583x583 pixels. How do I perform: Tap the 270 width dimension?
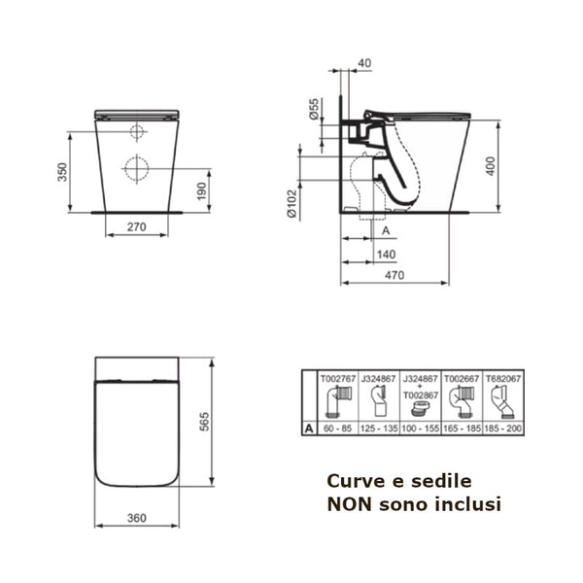pos(136,228)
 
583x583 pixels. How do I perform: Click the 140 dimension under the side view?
pos(385,254)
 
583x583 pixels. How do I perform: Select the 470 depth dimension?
pos(394,276)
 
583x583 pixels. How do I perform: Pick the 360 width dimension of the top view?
pos(136,517)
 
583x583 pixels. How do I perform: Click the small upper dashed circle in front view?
pos(137,132)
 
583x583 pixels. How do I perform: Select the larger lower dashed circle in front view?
pos(136,168)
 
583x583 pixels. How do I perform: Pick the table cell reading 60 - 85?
pos(336,428)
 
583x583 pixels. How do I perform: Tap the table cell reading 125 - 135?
pos(379,428)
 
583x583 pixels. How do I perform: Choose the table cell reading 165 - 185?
pos(461,428)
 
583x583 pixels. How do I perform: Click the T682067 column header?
pos(502,381)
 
